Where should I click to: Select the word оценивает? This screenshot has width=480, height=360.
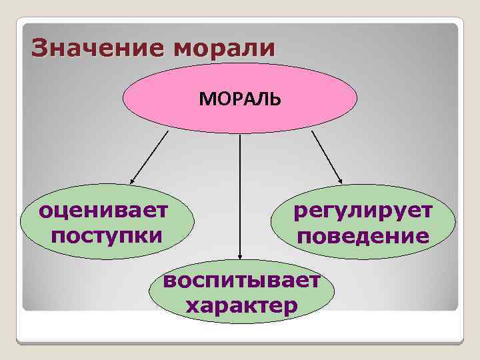click(104, 212)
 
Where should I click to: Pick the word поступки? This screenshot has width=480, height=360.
click(106, 235)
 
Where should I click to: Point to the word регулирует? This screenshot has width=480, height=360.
click(363, 212)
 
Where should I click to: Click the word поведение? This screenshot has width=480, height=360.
click(363, 236)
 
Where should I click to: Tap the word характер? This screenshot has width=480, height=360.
click(241, 305)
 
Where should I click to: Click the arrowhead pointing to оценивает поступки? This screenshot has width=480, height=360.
click(133, 180)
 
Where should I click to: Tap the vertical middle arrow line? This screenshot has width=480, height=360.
click(240, 193)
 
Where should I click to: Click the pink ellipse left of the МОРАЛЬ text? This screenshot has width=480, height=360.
click(160, 99)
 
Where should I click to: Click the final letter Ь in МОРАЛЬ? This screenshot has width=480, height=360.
click(277, 99)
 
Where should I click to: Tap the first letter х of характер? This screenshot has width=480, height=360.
click(192, 306)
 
